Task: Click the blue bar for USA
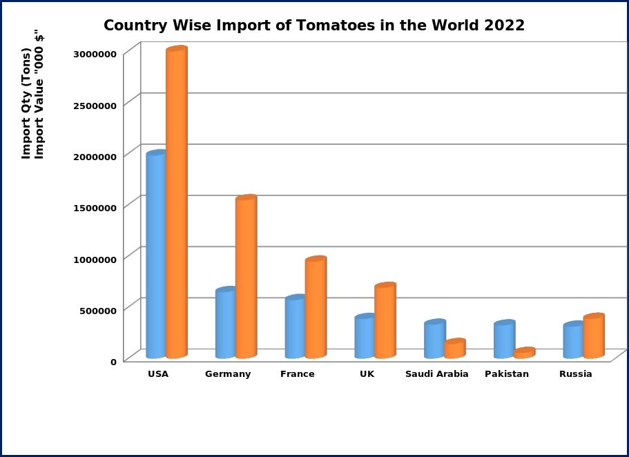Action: pyautogui.click(x=156, y=255)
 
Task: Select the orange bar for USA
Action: pyautogui.click(x=177, y=204)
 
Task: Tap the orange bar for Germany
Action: pyautogui.click(x=246, y=278)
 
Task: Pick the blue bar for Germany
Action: pyautogui.click(x=225, y=324)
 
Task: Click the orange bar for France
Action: pyautogui.click(x=316, y=308)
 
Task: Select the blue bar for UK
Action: pyautogui.click(x=365, y=337)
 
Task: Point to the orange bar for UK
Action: pyautogui.click(x=385, y=321)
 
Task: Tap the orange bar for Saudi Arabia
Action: pyautogui.click(x=454, y=349)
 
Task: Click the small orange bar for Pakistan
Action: pyautogui.click(x=524, y=353)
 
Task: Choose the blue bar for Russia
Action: pyautogui.click(x=573, y=341)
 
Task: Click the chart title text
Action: pyautogui.click(x=314, y=26)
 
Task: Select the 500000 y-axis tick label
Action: pyautogui.click(x=95, y=309)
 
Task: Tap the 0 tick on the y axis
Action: pyautogui.click(x=113, y=361)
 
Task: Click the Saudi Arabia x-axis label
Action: pyautogui.click(x=437, y=374)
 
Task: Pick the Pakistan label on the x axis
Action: pyautogui.click(x=507, y=374)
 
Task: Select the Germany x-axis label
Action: pyautogui.click(x=228, y=374)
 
